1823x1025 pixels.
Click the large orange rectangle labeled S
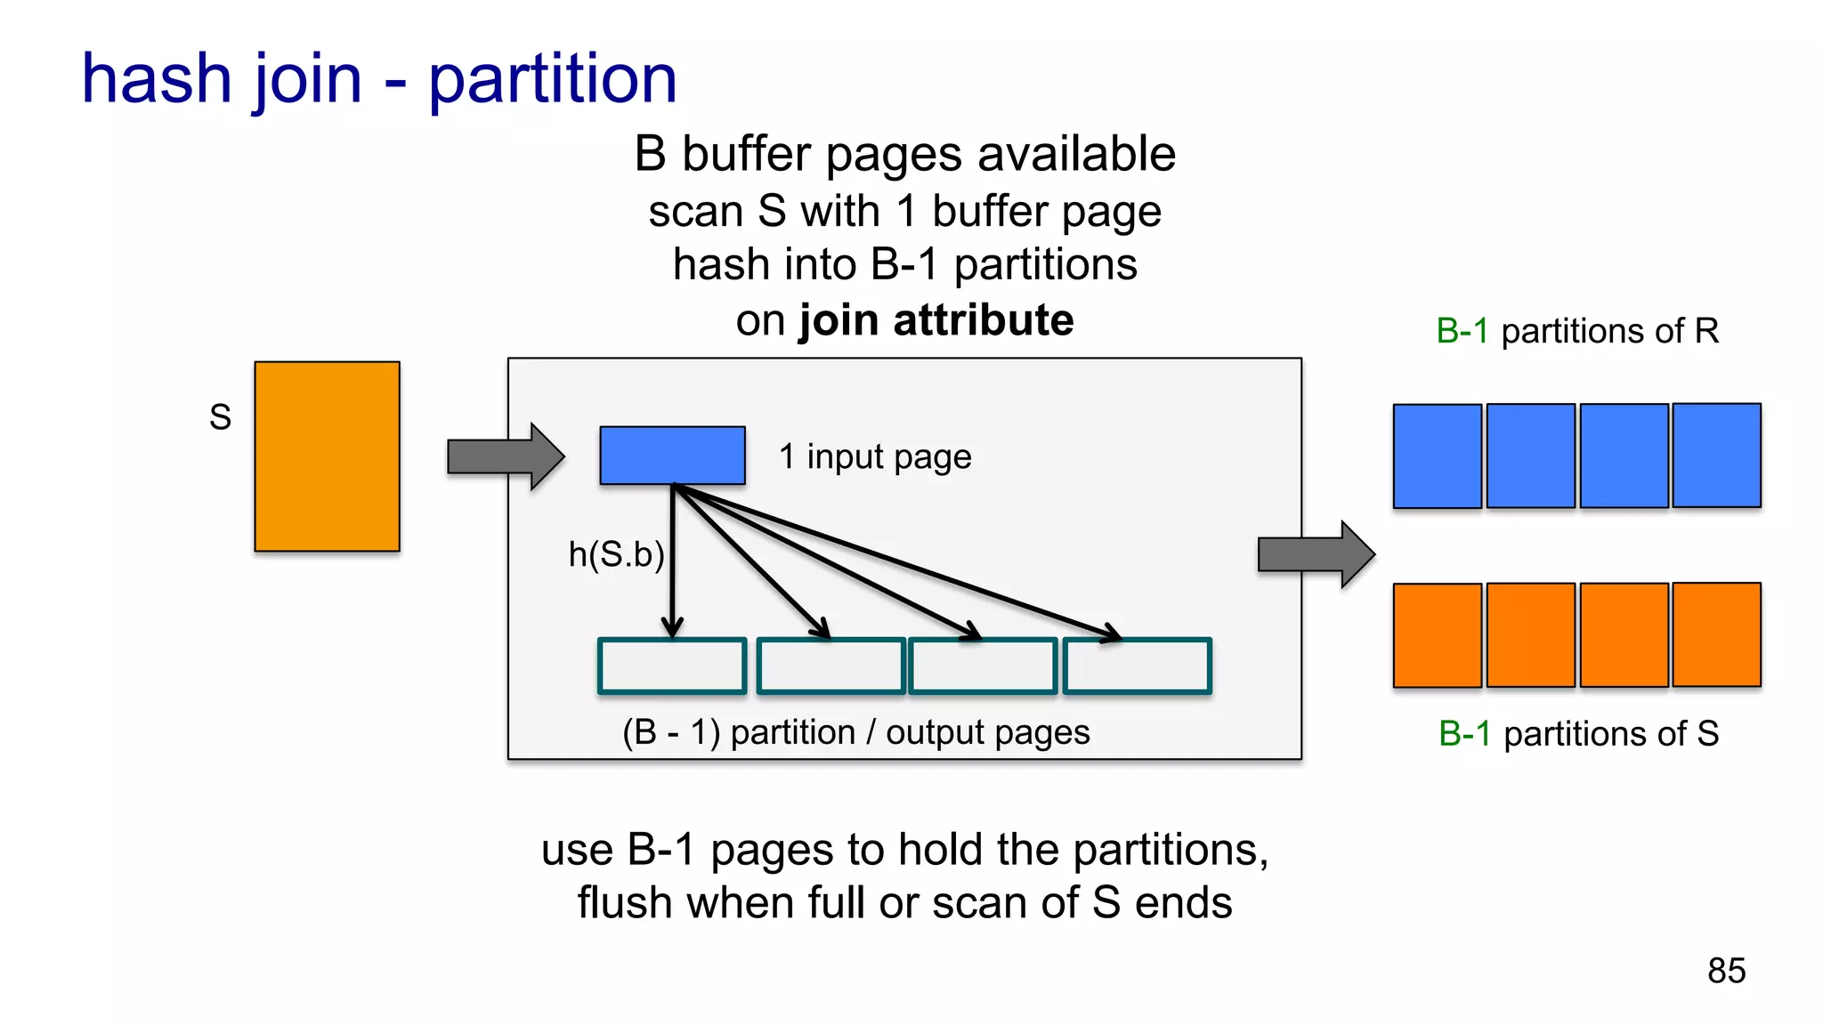click(x=327, y=456)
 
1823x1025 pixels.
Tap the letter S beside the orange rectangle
click(x=220, y=417)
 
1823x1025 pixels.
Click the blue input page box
click(x=672, y=456)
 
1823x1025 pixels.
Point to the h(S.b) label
click(x=616, y=555)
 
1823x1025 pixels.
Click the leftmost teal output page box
click(x=672, y=666)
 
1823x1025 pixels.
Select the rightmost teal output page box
click(x=1137, y=666)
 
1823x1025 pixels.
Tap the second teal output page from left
click(x=830, y=666)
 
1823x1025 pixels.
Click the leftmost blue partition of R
click(x=1437, y=456)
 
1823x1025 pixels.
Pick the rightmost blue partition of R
click(x=1716, y=456)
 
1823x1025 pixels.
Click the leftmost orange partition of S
click(x=1437, y=635)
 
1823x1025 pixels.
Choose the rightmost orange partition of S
click(x=1716, y=634)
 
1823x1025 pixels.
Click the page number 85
click(x=1726, y=971)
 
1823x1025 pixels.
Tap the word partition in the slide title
click(x=553, y=80)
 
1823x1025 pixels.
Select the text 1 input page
click(x=875, y=456)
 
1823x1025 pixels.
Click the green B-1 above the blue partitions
click(x=1462, y=331)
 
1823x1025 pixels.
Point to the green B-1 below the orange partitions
click(x=1464, y=734)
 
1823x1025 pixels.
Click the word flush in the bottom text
click(x=624, y=903)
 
